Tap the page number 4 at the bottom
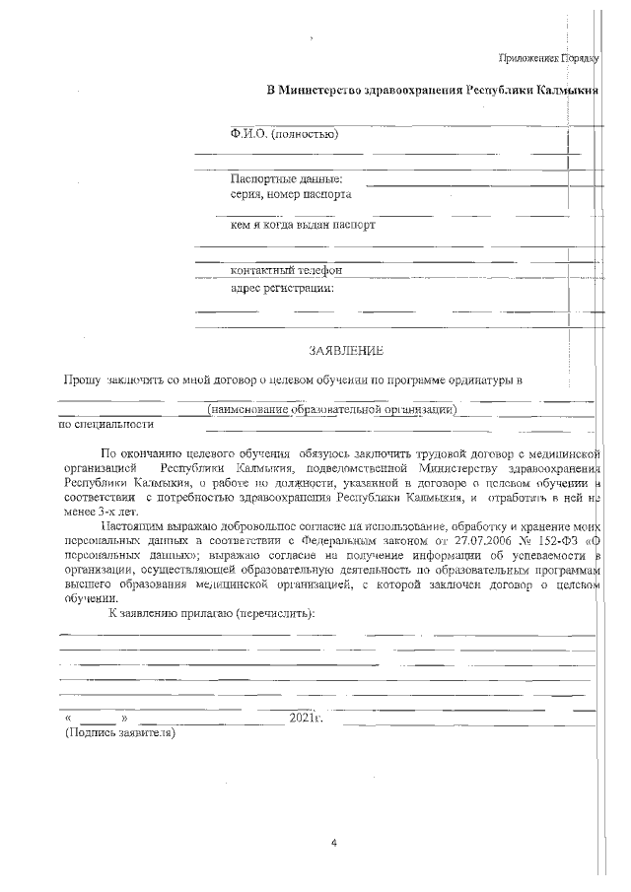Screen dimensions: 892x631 tap(334, 843)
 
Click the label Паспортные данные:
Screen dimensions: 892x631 tap(286, 179)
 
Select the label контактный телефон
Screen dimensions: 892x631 tap(286, 270)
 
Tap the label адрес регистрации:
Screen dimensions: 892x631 tap(282, 288)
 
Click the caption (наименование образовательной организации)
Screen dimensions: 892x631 tap(331, 409)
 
